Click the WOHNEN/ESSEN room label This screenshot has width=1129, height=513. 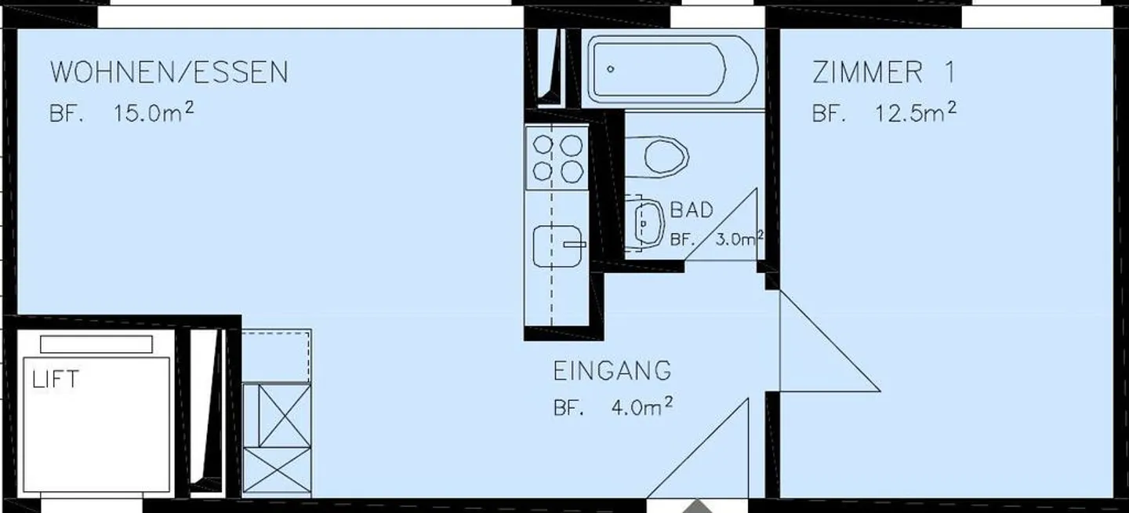[169, 73]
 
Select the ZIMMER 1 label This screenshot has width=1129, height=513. [884, 73]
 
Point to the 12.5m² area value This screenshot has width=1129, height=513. [915, 111]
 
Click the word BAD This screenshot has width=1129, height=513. [692, 210]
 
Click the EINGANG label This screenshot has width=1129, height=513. [612, 370]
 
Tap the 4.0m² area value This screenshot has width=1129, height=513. [641, 408]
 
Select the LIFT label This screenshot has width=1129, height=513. [55, 380]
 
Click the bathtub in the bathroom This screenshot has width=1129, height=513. [673, 70]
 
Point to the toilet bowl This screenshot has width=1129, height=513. [665, 156]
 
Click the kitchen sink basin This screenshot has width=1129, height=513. [558, 246]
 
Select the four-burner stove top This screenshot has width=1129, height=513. [557, 158]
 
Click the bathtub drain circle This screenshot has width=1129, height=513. [611, 69]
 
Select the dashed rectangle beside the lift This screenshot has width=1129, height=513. [276, 355]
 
